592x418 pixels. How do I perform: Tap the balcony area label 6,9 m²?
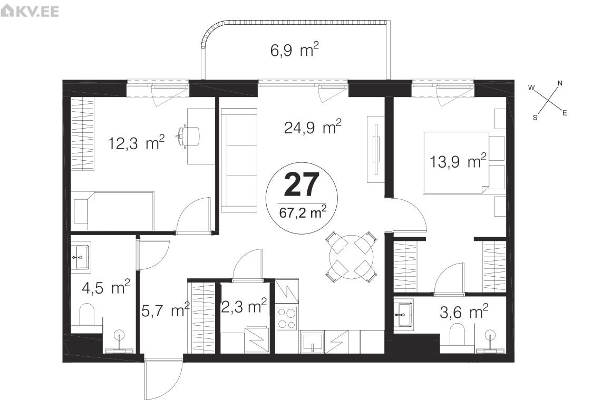coord(295,50)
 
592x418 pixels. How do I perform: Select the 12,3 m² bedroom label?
coord(137,143)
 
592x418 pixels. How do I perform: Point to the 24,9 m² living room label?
coord(313,127)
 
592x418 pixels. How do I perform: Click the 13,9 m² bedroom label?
coord(458,161)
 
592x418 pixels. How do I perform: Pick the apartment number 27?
coord(302,184)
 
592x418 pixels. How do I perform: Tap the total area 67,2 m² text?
coord(303,212)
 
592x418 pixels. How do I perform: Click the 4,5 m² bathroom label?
coord(106,288)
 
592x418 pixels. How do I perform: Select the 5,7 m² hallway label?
coord(166,310)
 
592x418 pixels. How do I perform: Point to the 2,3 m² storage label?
coord(244,306)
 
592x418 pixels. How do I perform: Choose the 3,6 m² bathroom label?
coord(463,312)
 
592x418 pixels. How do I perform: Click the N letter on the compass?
coord(560,83)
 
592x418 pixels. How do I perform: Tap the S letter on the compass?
coord(535,118)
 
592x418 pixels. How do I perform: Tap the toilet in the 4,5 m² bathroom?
coord(87,314)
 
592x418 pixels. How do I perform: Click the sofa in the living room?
coord(239,160)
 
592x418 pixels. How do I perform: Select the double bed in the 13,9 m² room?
coord(464,163)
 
